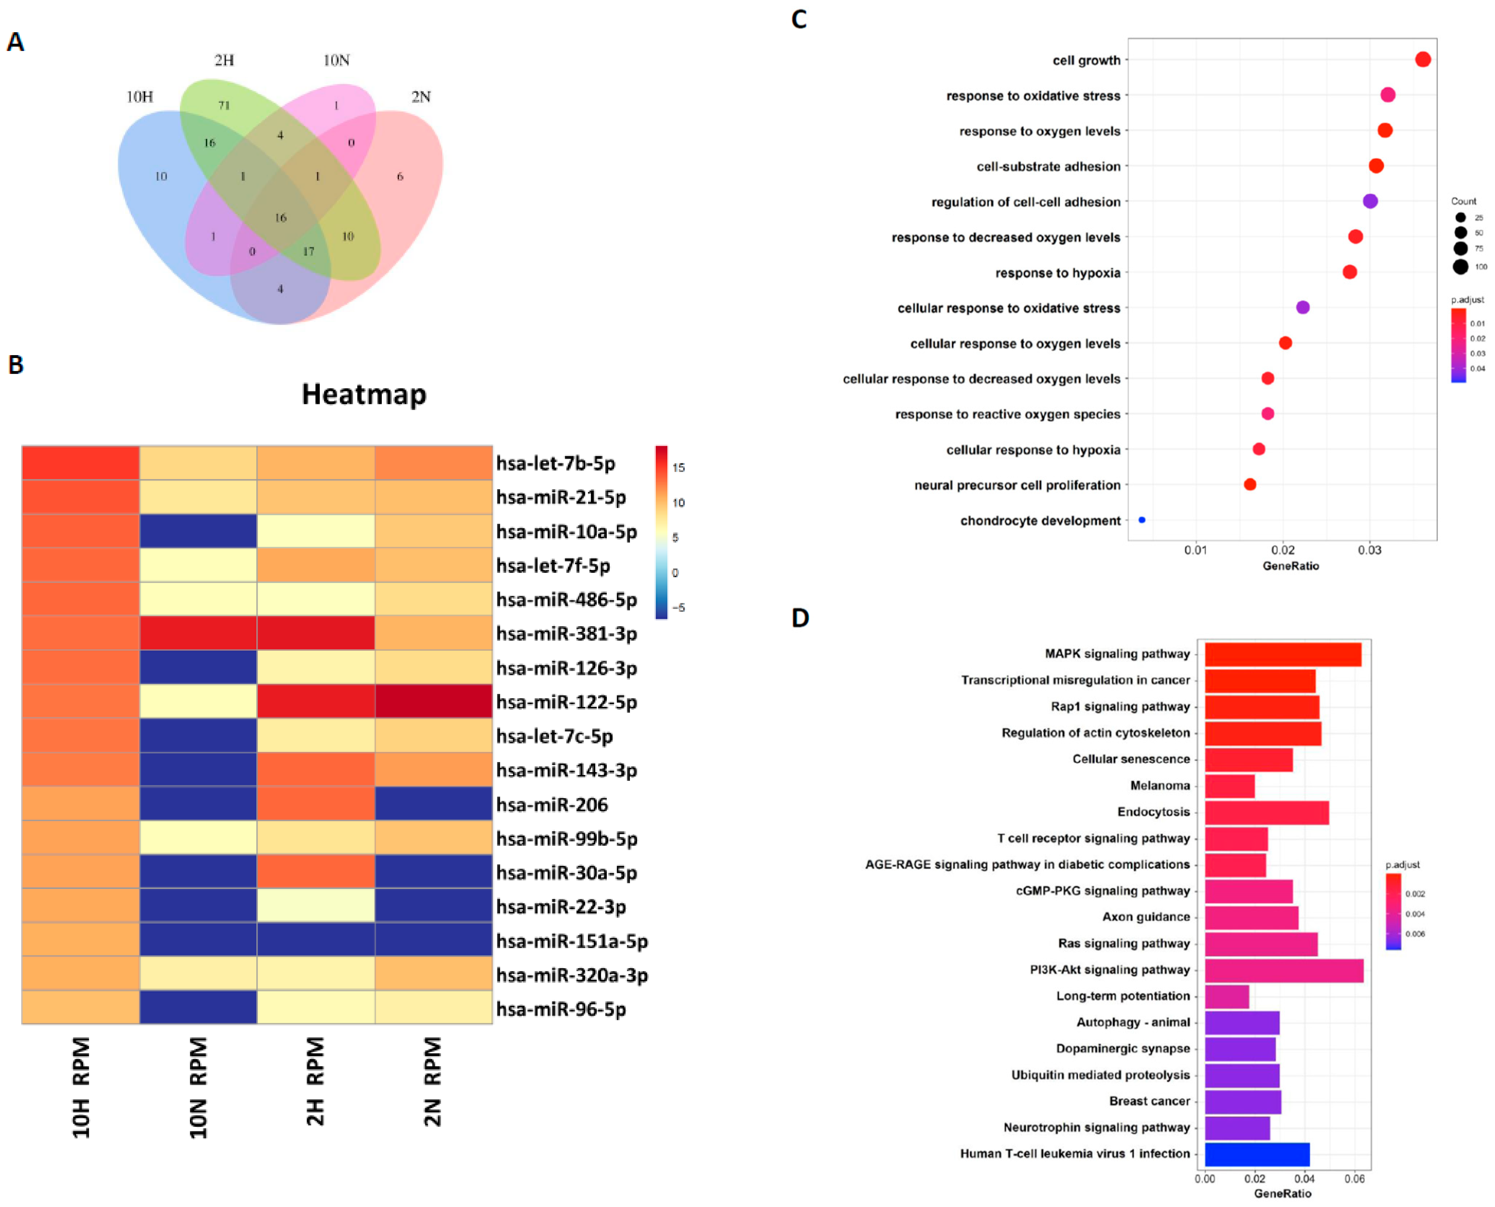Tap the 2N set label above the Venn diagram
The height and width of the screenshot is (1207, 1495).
(420, 97)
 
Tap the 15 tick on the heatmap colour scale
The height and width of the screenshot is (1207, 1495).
(678, 467)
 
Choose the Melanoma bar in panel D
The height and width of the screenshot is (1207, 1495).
(1229, 786)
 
